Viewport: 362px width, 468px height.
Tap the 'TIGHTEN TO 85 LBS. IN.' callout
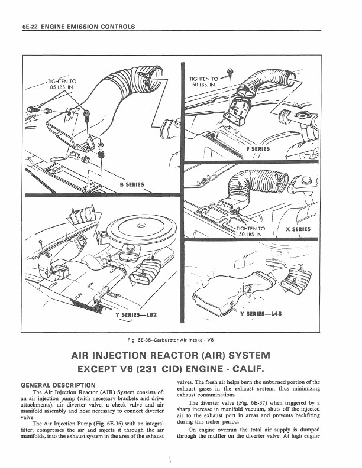[62, 86]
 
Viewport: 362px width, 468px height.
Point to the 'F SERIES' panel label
[257, 148]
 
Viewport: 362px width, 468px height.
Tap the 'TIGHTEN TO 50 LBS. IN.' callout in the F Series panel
[203, 82]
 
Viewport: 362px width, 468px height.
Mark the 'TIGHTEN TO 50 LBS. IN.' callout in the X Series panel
[251, 230]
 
